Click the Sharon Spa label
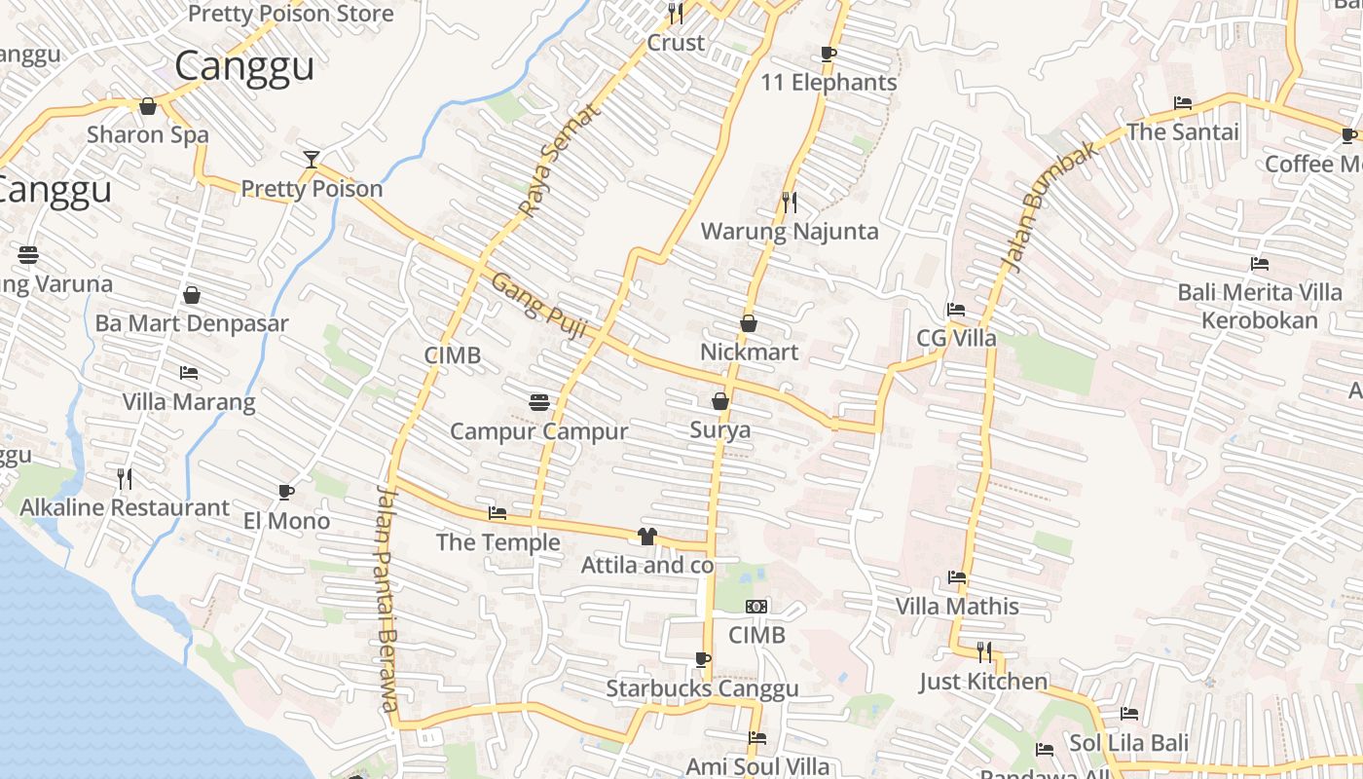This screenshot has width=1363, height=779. (x=148, y=134)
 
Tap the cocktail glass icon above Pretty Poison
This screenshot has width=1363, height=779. (x=312, y=159)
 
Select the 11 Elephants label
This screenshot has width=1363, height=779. (x=829, y=83)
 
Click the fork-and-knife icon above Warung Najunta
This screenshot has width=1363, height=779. (x=790, y=202)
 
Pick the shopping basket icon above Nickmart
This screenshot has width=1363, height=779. (x=749, y=322)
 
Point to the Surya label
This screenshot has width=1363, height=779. (x=720, y=429)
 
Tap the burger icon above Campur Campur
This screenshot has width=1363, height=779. (x=539, y=402)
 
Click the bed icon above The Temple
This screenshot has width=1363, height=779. (x=497, y=513)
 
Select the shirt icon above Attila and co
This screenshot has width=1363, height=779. (x=647, y=536)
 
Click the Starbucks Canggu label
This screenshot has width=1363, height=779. (x=702, y=688)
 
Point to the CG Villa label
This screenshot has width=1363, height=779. (x=956, y=338)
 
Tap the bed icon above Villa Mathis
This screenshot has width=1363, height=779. (x=957, y=577)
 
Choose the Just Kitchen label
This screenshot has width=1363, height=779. (x=983, y=682)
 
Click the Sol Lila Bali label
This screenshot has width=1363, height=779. (x=1128, y=743)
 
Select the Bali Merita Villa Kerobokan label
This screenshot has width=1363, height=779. (x=1260, y=306)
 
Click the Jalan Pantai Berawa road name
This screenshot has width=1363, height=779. (x=387, y=598)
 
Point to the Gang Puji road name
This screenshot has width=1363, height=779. (x=538, y=306)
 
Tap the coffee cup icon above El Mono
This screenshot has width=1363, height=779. (x=286, y=492)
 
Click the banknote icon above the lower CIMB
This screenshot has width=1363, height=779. (x=756, y=607)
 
